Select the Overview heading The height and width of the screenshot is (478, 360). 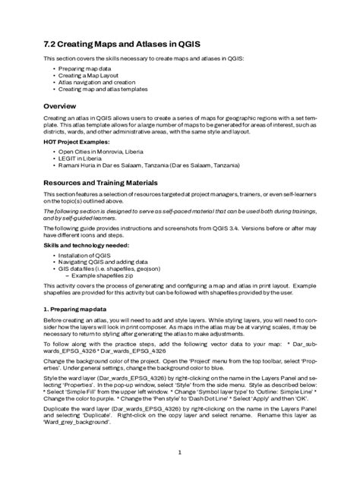pyautogui.click(x=64, y=105)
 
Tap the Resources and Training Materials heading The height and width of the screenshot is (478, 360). pyautogui.click(x=100, y=183)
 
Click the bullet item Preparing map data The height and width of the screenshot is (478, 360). pyautogui.click(x=84, y=68)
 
